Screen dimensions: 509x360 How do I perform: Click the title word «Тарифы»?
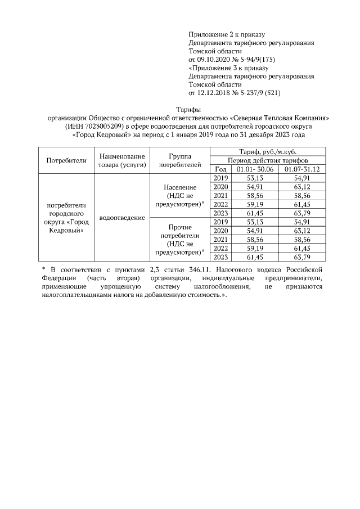click(180, 110)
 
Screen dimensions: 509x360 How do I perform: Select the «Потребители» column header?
click(66, 160)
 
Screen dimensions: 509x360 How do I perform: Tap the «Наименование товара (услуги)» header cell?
click(121, 160)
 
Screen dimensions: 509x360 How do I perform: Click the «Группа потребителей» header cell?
click(180, 160)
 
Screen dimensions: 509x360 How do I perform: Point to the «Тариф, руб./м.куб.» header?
click(264, 151)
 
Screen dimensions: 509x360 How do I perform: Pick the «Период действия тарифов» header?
click(264, 160)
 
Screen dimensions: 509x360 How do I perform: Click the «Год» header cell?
click(220, 169)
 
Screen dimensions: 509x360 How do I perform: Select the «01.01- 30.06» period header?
click(255, 169)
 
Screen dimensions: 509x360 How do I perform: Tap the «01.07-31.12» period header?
click(301, 169)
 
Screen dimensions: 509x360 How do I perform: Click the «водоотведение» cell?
click(121, 217)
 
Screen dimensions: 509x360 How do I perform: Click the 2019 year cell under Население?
click(220, 178)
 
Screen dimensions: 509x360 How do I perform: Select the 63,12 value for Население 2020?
click(301, 187)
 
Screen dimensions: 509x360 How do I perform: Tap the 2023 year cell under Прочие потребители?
click(220, 257)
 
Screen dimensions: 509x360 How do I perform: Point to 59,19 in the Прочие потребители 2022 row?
click(255, 248)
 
